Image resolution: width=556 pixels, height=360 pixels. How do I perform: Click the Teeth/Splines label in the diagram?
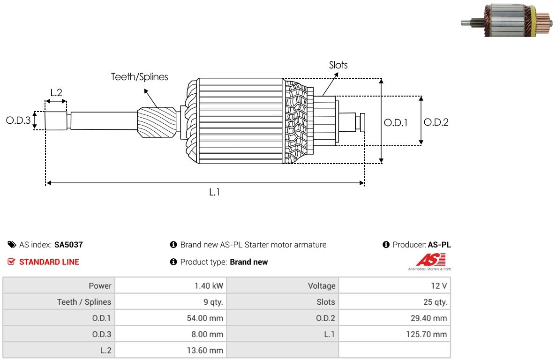139,77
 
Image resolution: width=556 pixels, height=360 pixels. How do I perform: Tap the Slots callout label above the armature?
338,65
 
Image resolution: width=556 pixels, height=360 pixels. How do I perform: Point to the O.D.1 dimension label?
396,123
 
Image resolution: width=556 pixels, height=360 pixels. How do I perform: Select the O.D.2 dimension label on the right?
436,122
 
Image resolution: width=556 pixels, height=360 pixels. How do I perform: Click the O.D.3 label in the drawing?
18,120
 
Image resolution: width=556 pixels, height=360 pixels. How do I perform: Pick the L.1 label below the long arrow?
214,192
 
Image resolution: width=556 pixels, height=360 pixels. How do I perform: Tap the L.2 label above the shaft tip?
56,92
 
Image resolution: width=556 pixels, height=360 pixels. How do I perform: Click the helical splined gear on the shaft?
157,122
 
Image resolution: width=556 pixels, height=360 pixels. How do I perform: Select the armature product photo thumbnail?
507,20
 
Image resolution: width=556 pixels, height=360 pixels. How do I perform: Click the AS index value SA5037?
68,245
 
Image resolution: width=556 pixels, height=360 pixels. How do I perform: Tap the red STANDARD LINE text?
49,262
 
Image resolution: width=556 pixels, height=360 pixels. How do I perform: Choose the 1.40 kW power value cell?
209,286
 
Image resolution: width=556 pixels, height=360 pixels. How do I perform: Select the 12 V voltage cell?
439,286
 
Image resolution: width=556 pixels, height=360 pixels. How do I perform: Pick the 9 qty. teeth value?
213,302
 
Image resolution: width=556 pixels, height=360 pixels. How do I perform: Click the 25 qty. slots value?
435,302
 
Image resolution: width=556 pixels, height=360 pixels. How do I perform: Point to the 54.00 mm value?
205,318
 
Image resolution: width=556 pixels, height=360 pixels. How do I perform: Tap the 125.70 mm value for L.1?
427,334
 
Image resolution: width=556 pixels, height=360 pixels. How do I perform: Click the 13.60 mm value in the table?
205,351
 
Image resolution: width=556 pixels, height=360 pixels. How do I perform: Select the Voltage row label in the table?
321,286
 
